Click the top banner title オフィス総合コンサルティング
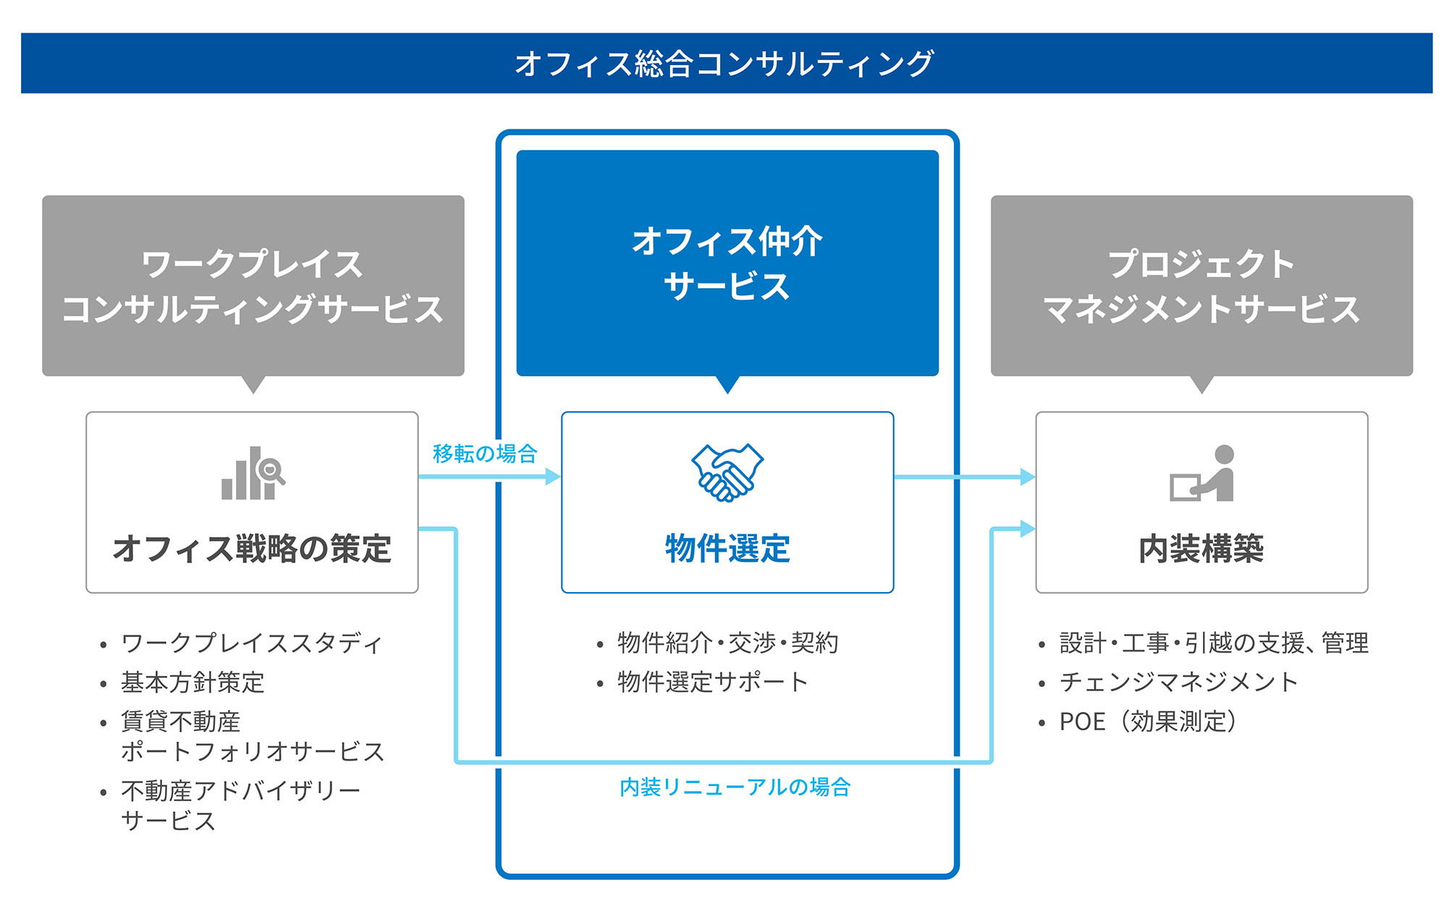724,64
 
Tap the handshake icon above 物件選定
727,473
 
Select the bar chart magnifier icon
253,473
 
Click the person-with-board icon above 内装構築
1202,473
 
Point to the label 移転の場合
485,454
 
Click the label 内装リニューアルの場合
735,787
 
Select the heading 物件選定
727,548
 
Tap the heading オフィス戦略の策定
252,548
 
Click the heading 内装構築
1201,548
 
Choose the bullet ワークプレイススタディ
251,643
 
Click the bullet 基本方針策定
193,682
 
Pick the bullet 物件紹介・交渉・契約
727,643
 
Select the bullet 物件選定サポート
712,682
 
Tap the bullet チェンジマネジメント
1178,682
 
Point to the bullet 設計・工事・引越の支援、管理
1214,643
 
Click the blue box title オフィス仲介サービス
727,263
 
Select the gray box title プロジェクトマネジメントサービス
1201,286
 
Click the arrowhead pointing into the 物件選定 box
554,476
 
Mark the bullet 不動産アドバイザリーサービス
240,806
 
